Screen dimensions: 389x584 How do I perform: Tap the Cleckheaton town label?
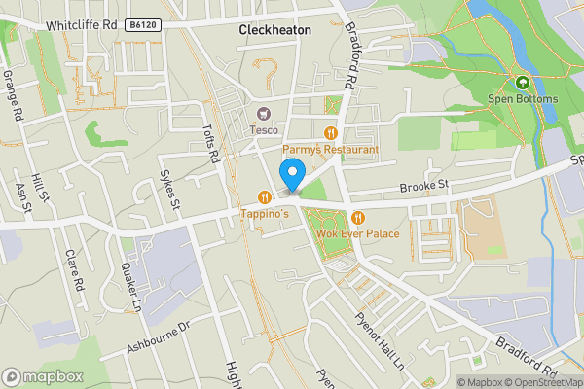[275, 31]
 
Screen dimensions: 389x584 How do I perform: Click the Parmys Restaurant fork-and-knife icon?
[331, 134]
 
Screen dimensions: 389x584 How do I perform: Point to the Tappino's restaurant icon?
[263, 196]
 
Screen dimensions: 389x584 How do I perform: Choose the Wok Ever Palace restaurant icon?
[358, 217]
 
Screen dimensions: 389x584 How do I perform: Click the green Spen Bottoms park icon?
[523, 84]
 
